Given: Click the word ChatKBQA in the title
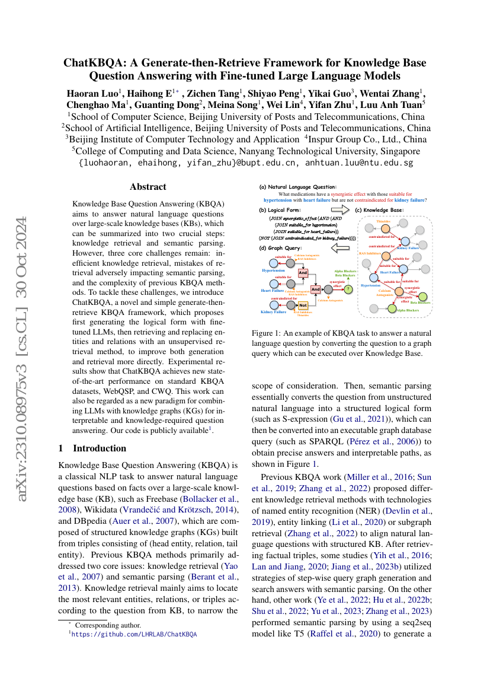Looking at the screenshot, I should pyautogui.click(x=92, y=63).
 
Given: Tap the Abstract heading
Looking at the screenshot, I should pyautogui.click(x=148, y=186).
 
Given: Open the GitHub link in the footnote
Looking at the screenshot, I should pyautogui.click(x=134, y=634).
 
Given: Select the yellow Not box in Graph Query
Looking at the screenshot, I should pyautogui.click(x=303, y=305).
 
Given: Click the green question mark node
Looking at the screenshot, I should pyautogui.click(x=348, y=289).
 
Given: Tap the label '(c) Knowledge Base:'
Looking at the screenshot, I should pyautogui.click(x=379, y=210).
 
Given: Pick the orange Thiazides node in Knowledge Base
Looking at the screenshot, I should pyautogui.click(x=385, y=228).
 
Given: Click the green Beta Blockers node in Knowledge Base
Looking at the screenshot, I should pyautogui.click(x=422, y=295).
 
